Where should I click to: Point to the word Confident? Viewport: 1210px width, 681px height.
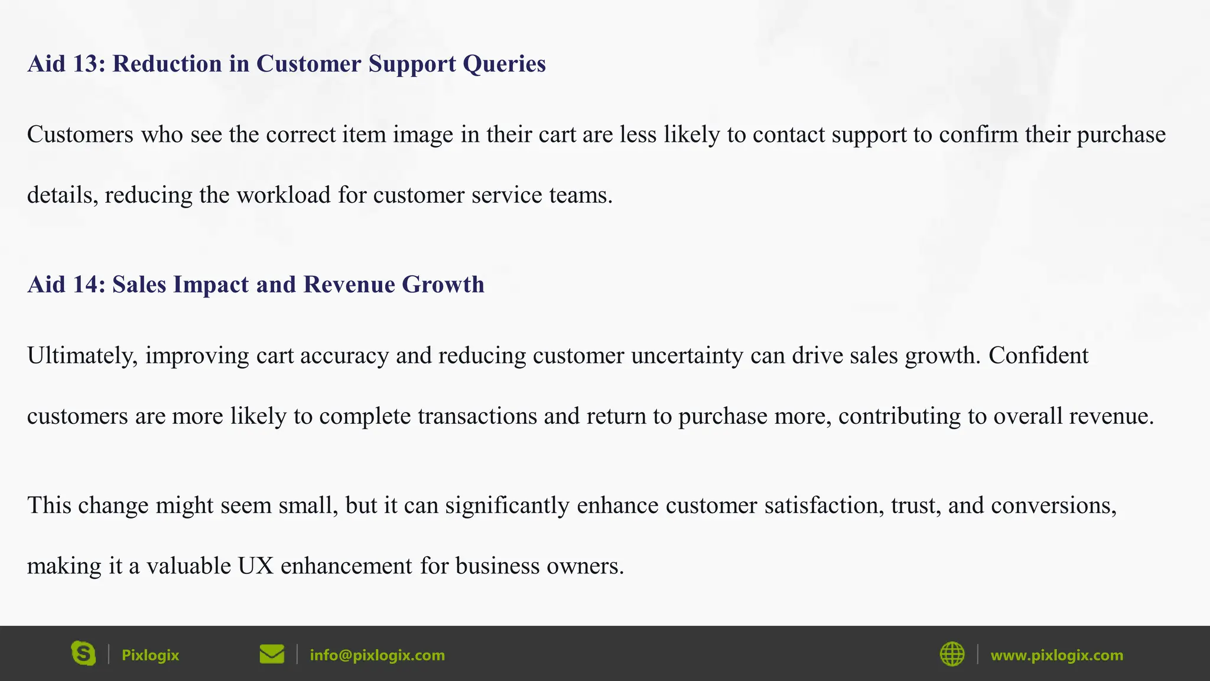pyautogui.click(x=1038, y=356)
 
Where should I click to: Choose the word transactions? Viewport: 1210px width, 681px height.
pyautogui.click(x=477, y=416)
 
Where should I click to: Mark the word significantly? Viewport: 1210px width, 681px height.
pyautogui.click(x=507, y=506)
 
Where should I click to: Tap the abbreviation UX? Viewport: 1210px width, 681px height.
pyautogui.click(x=256, y=566)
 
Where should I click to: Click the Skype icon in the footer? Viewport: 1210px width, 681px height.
pyautogui.click(x=83, y=654)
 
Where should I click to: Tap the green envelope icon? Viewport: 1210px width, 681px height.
pyautogui.click(x=272, y=654)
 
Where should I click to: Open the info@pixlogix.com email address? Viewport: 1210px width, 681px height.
pyautogui.click(x=377, y=655)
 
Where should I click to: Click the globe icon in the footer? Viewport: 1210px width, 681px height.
pyautogui.click(x=952, y=654)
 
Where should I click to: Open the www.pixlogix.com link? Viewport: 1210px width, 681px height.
pyautogui.click(x=1056, y=655)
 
